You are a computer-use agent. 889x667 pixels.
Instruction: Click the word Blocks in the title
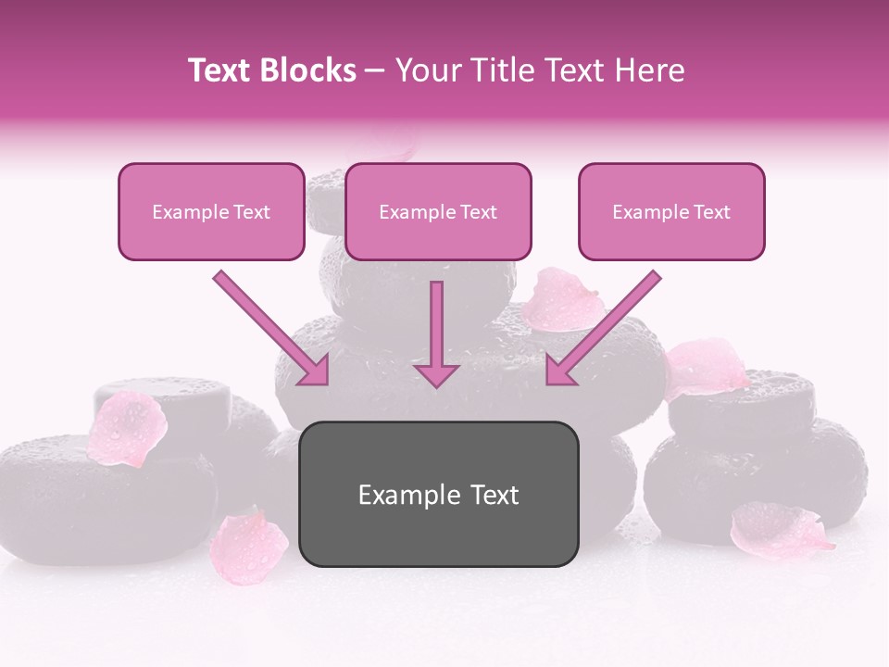click(309, 70)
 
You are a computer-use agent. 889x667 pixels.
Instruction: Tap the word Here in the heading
click(648, 70)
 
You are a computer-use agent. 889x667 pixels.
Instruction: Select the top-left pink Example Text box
click(211, 212)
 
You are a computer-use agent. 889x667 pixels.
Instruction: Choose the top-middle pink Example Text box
click(438, 212)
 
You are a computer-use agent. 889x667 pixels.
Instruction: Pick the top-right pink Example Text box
click(671, 212)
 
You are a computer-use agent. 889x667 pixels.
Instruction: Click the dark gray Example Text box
click(439, 494)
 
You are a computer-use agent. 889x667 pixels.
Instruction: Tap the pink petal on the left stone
click(127, 428)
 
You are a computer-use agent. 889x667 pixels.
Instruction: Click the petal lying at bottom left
click(248, 547)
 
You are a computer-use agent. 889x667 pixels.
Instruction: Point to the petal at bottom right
click(778, 530)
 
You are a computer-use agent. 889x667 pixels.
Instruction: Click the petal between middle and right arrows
click(560, 299)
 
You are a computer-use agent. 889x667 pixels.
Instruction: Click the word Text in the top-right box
click(711, 212)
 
